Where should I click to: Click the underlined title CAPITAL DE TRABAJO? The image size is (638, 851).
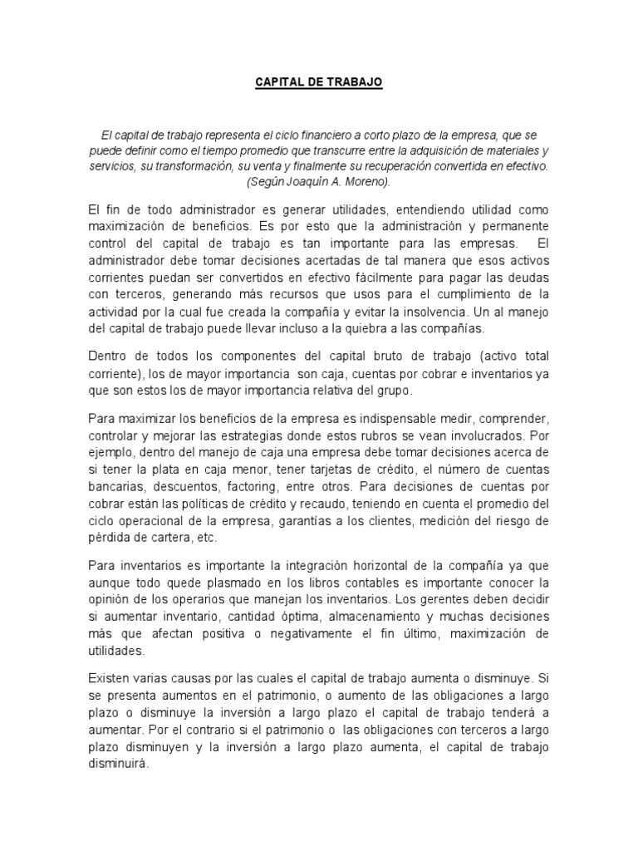click(318, 84)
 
